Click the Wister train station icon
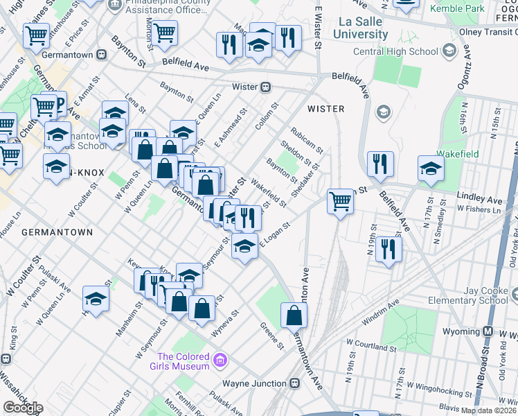pyautogui.click(x=265, y=87)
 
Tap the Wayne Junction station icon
pyautogui.click(x=294, y=383)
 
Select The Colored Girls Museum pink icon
pyautogui.click(x=220, y=360)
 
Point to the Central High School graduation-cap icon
pyautogui.click(x=449, y=51)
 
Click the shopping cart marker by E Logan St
pyautogui.click(x=340, y=202)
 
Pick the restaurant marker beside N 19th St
pyautogui.click(x=388, y=250)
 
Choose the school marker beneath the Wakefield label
pyautogui.click(x=431, y=168)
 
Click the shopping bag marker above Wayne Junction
pyautogui.click(x=294, y=315)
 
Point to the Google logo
pyautogui.click(x=22, y=408)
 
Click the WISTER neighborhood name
pyautogui.click(x=325, y=109)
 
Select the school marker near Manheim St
pyautogui.click(x=96, y=299)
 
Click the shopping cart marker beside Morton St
pyautogui.click(x=165, y=32)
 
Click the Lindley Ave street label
pyautogui.click(x=479, y=200)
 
